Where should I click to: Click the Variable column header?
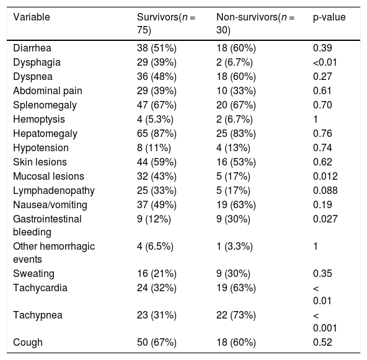click(32, 17)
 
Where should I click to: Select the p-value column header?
click(329, 17)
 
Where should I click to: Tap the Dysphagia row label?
click(37, 63)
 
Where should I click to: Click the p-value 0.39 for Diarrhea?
click(322, 48)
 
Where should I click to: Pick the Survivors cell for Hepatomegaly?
click(157, 134)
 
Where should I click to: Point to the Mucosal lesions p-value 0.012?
click(325, 177)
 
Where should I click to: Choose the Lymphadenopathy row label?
click(54, 191)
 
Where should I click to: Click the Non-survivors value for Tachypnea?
click(236, 315)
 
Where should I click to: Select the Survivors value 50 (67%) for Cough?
click(157, 343)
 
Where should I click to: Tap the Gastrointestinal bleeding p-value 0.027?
click(325, 219)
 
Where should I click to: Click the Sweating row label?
click(33, 274)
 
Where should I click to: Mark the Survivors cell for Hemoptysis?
click(155, 120)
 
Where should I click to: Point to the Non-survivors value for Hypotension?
click(233, 148)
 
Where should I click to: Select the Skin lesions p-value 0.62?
click(322, 162)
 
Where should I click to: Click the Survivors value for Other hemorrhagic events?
click(155, 247)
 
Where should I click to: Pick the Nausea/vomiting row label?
click(50, 205)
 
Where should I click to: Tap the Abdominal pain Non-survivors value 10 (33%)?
click(236, 90)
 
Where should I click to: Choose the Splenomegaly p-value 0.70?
click(322, 105)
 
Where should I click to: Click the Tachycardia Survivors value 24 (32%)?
click(157, 288)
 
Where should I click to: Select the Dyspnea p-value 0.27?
click(322, 76)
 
